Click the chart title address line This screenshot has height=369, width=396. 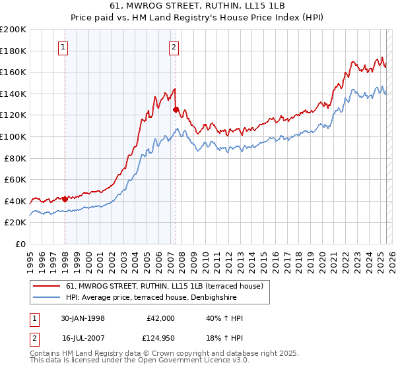pos(198,6)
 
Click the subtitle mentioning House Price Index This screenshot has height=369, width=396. pos(198,18)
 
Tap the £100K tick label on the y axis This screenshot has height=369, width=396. pos(13,136)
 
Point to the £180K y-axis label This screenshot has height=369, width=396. pos(13,51)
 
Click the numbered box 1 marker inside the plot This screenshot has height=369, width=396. pos(63,47)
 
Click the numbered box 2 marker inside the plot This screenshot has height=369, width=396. pos(174,47)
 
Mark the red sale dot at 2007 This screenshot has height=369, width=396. pos(176,110)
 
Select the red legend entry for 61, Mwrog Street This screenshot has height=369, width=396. pos(165,285)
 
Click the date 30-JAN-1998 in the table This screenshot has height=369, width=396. pos(84,318)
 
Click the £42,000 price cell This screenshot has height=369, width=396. pos(160,318)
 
